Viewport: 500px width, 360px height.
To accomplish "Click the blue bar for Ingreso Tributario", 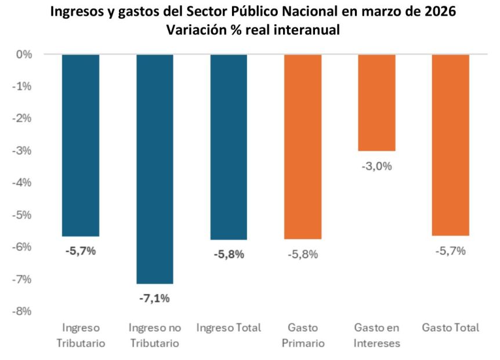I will coord(81,145).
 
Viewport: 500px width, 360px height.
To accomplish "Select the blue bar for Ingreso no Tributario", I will coord(154,169).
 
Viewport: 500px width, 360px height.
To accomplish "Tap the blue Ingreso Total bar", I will coord(229,147).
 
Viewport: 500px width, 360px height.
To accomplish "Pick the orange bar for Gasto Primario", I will coord(303,147).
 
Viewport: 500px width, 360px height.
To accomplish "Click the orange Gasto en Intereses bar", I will coord(376,103).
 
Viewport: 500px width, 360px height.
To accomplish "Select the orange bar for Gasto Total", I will coord(450,145).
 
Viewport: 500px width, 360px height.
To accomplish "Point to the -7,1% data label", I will coord(154,299).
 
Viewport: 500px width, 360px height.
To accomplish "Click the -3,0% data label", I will coord(376,166).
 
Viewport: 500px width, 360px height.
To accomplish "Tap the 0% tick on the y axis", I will coord(24,54).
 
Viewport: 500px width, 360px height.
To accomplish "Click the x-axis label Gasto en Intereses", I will coord(376,335).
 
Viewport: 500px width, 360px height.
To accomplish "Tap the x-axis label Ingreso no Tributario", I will coord(154,335).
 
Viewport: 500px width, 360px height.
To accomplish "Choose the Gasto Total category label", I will coord(451,328).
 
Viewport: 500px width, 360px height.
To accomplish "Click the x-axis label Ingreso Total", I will coord(229,328).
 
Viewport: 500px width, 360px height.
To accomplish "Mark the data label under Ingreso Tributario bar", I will coord(80,252).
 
